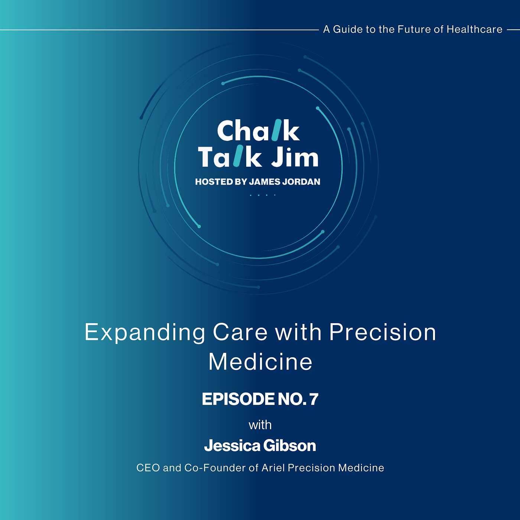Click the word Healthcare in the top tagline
[x=474, y=29]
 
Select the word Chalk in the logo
[x=258, y=130]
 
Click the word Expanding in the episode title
[x=145, y=334]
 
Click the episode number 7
[x=314, y=399]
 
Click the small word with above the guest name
[x=260, y=425]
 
